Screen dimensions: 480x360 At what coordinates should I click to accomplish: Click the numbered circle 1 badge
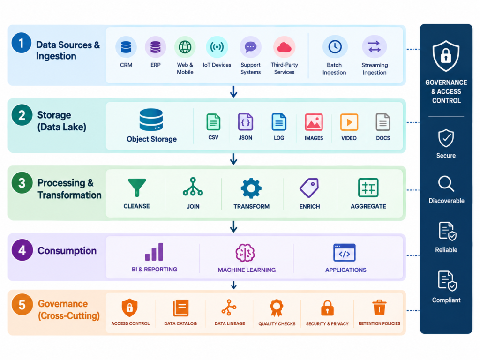pyautogui.click(x=22, y=43)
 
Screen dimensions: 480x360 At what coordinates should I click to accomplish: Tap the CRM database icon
pyautogui.click(x=126, y=47)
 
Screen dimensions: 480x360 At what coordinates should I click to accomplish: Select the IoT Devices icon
pyautogui.click(x=217, y=47)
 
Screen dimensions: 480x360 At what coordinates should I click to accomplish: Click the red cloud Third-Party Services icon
pyautogui.click(x=284, y=47)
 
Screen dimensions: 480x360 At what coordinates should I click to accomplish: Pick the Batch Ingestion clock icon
pyautogui.click(x=335, y=47)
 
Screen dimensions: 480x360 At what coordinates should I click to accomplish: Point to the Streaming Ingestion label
pyautogui.click(x=375, y=69)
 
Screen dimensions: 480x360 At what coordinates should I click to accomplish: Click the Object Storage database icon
pyautogui.click(x=151, y=120)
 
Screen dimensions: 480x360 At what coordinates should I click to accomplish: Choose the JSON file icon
pyautogui.click(x=246, y=122)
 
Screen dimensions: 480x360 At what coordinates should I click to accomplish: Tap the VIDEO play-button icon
pyautogui.click(x=349, y=122)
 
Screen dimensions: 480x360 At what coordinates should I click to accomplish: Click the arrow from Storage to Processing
pyautogui.click(x=233, y=159)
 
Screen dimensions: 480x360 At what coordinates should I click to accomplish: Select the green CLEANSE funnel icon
pyautogui.click(x=137, y=187)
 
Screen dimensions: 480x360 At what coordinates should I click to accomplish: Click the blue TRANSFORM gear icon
pyautogui.click(x=251, y=188)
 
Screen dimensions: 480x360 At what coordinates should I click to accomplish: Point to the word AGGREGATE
pyautogui.click(x=368, y=206)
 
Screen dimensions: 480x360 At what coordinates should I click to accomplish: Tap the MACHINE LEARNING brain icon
pyautogui.click(x=245, y=253)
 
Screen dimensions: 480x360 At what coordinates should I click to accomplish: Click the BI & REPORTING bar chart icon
pyautogui.click(x=154, y=252)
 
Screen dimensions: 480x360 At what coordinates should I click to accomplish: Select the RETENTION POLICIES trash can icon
pyautogui.click(x=379, y=307)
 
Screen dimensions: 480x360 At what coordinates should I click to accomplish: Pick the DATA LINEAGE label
pyautogui.click(x=230, y=323)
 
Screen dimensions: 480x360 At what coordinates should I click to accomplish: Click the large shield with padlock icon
pyautogui.click(x=446, y=56)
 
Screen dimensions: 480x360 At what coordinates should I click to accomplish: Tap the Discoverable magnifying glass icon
pyautogui.click(x=446, y=184)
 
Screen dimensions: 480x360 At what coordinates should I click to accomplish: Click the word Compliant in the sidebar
pyautogui.click(x=446, y=300)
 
